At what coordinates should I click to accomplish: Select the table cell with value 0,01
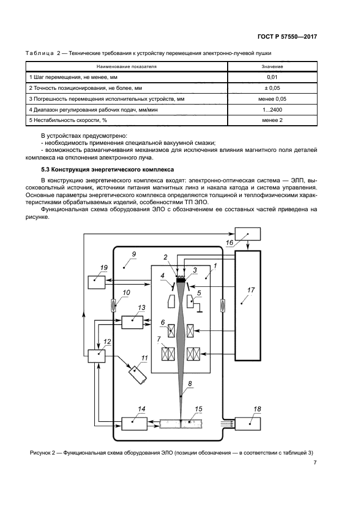click(x=272, y=77)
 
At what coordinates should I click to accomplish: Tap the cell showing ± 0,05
click(x=272, y=88)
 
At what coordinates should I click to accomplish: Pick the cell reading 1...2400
click(x=272, y=109)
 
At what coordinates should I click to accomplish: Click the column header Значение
click(x=272, y=66)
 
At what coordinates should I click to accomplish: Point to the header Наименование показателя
click(x=127, y=66)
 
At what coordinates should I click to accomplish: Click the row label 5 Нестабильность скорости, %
click(x=68, y=120)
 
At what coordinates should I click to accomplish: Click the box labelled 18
click(x=250, y=423)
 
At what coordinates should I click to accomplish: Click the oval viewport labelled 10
click(x=113, y=305)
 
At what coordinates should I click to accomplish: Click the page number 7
click(x=315, y=463)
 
